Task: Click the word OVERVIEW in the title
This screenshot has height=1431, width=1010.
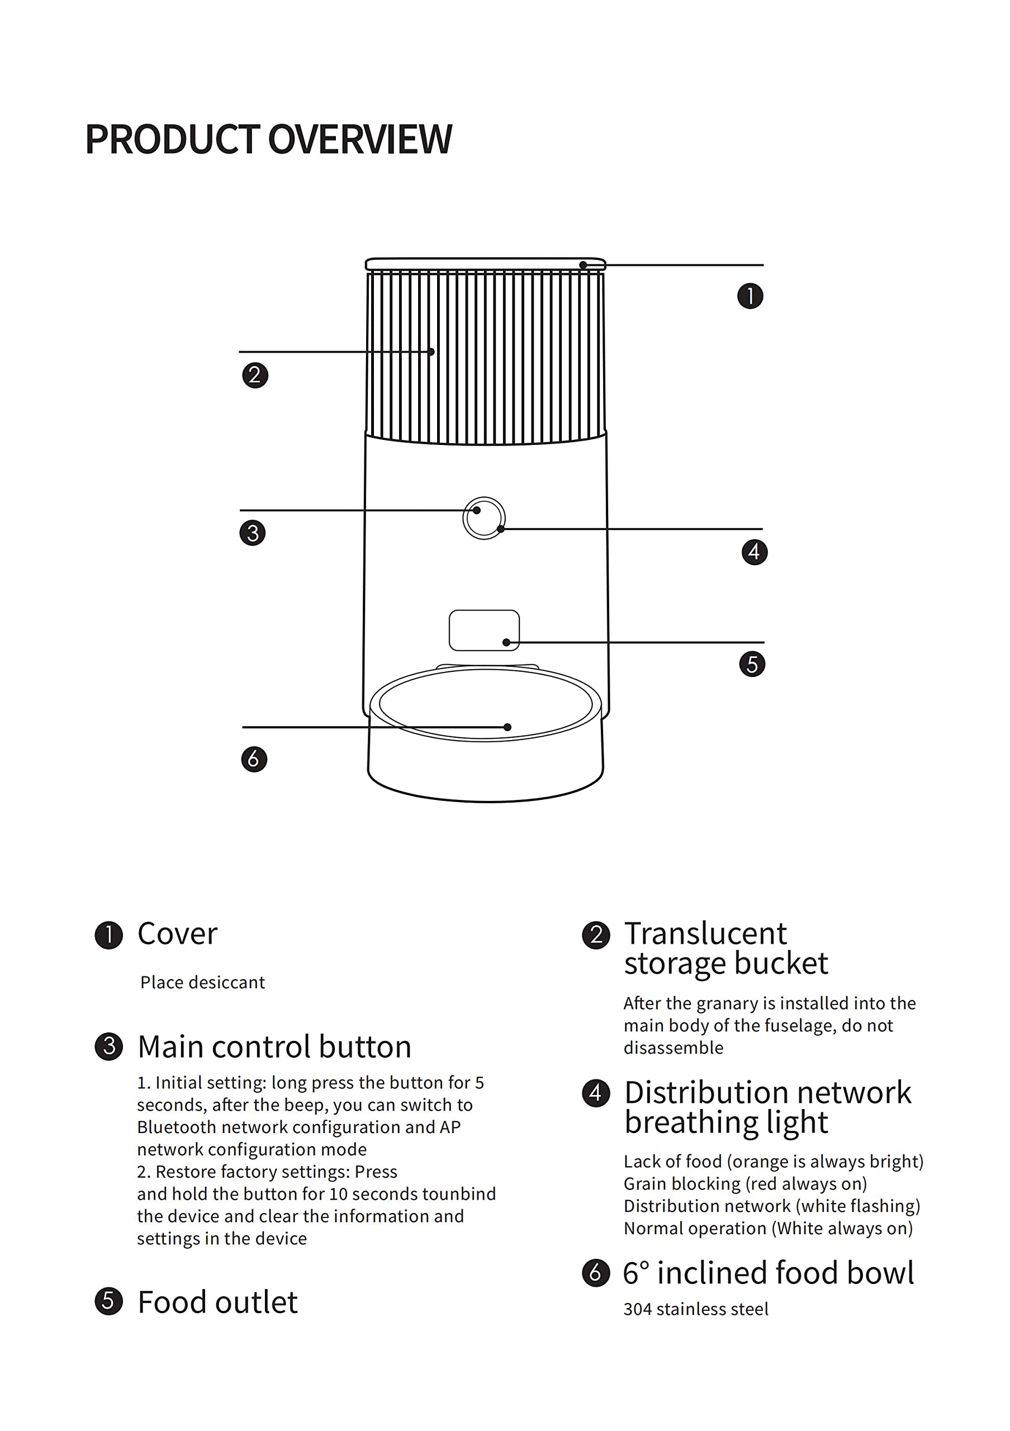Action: click(x=359, y=139)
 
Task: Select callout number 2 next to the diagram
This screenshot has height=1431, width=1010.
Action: click(x=255, y=375)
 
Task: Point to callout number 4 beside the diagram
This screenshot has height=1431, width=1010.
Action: click(x=754, y=552)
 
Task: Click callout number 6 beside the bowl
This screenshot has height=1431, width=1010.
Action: click(x=254, y=759)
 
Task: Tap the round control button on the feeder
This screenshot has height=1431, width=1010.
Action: click(x=484, y=518)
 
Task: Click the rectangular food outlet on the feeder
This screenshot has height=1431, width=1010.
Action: click(x=483, y=629)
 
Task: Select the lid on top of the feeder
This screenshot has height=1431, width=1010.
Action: click(x=485, y=264)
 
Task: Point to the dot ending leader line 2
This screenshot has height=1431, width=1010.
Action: click(x=431, y=352)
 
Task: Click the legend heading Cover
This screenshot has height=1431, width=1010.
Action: click(x=178, y=934)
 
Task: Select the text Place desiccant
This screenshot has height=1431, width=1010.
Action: click(x=202, y=982)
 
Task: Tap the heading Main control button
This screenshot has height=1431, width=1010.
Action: click(x=274, y=1046)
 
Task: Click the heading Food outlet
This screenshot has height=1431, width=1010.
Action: click(x=217, y=1302)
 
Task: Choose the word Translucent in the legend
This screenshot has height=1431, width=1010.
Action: click(x=705, y=934)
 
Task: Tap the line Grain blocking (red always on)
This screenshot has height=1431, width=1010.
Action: click(x=745, y=1183)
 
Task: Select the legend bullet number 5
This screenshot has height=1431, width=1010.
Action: click(x=108, y=1301)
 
